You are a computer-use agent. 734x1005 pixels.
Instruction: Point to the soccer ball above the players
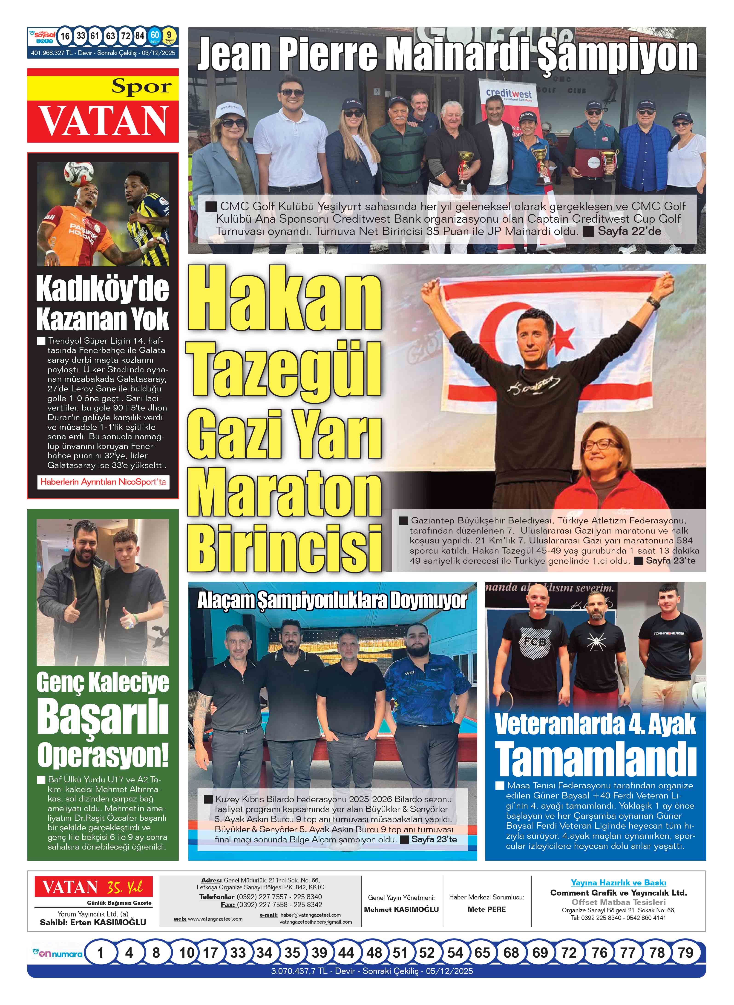[79, 174]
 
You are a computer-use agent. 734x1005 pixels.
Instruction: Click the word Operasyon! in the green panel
[103, 755]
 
